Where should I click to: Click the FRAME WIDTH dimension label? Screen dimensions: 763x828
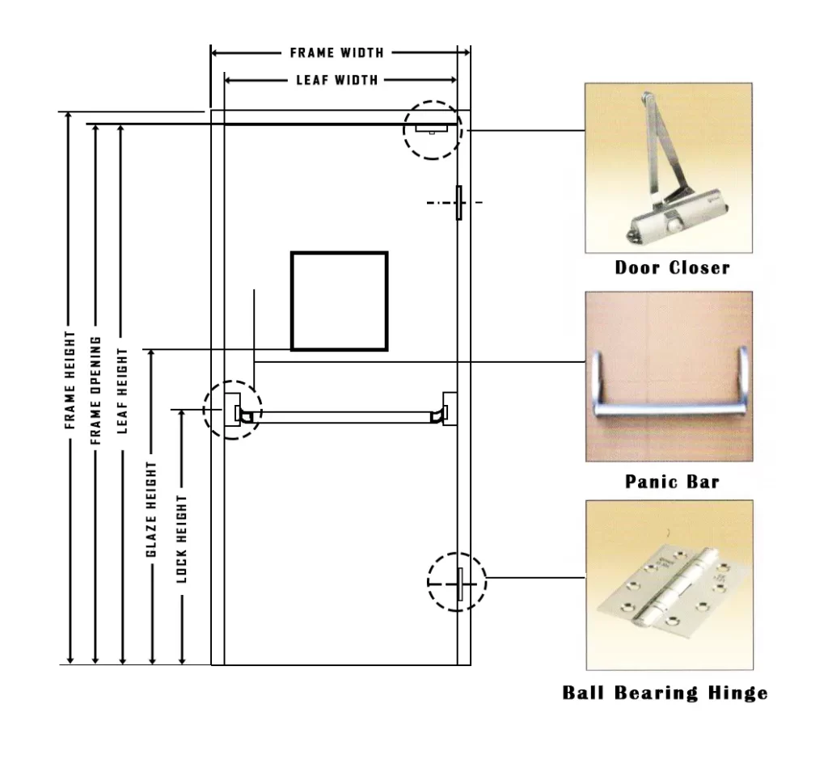pyautogui.click(x=337, y=53)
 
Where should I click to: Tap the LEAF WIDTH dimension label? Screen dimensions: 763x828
pyautogui.click(x=337, y=80)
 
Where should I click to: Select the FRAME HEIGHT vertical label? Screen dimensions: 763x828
pyautogui.click(x=70, y=380)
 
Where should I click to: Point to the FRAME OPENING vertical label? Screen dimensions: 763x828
pyautogui.click(x=95, y=390)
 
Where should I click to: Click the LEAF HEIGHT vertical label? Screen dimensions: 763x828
pyautogui.click(x=122, y=390)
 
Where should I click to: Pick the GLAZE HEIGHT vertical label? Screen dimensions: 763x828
pyautogui.click(x=151, y=509)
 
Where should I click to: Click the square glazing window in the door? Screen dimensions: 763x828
pyautogui.click(x=340, y=301)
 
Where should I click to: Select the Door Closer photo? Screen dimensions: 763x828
pyautogui.click(x=668, y=168)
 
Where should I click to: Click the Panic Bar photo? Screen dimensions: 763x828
pyautogui.click(x=669, y=376)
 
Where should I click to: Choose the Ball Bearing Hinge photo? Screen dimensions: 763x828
pyautogui.click(x=668, y=584)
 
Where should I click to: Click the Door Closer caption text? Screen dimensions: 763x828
pyautogui.click(x=672, y=268)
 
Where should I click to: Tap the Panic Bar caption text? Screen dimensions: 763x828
pyautogui.click(x=672, y=483)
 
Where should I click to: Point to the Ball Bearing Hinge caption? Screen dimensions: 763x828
pyautogui.click(x=665, y=693)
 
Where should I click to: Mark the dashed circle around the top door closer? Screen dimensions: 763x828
pyautogui.click(x=433, y=129)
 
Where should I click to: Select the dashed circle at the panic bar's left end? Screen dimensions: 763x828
pyautogui.click(x=233, y=409)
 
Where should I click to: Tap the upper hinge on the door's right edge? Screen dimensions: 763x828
pyautogui.click(x=458, y=202)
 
